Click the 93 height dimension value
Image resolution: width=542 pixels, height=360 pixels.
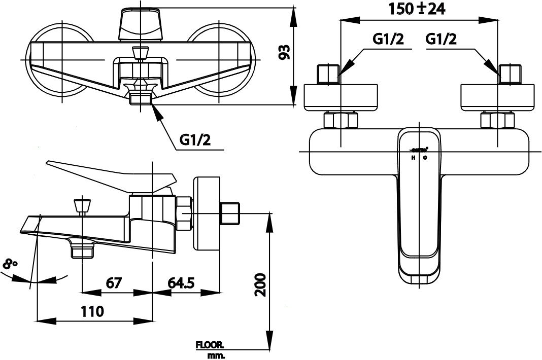(x=285, y=52)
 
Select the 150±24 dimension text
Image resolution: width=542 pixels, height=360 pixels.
(x=417, y=9)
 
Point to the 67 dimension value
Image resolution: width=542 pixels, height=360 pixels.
(x=114, y=282)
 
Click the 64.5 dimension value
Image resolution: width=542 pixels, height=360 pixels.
(x=182, y=282)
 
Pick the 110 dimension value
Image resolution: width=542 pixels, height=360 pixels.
(x=92, y=311)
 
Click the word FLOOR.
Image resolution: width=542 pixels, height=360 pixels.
(x=210, y=345)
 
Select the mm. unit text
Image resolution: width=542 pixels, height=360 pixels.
(x=216, y=355)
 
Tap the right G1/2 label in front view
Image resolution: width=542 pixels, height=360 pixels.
(x=441, y=39)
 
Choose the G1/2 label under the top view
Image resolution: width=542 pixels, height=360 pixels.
(x=195, y=140)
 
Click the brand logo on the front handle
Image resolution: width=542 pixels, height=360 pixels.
(x=419, y=150)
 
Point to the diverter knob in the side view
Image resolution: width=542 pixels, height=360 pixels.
(x=82, y=206)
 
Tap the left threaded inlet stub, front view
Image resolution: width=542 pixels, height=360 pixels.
(x=327, y=75)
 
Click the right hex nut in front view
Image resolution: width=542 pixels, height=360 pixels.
(x=497, y=121)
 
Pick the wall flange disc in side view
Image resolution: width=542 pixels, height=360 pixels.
(x=207, y=213)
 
